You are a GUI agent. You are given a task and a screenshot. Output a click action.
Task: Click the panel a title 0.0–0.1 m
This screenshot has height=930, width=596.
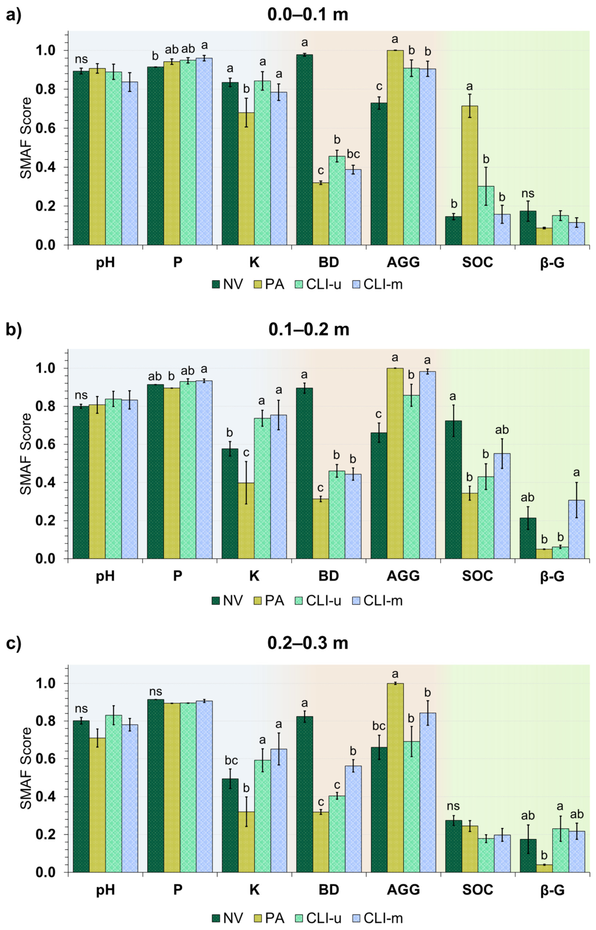[x=308, y=15]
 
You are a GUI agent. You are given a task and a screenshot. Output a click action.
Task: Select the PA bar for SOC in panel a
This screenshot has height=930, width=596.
[x=469, y=176]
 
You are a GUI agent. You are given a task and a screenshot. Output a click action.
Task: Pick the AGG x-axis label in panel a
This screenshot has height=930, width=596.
[x=403, y=262]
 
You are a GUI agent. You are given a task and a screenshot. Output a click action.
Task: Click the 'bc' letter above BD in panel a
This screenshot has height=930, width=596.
[x=353, y=154]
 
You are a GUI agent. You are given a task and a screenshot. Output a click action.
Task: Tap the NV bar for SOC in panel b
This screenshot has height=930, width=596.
[x=453, y=490]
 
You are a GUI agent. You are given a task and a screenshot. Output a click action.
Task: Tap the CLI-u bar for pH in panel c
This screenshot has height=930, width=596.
[x=113, y=793]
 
